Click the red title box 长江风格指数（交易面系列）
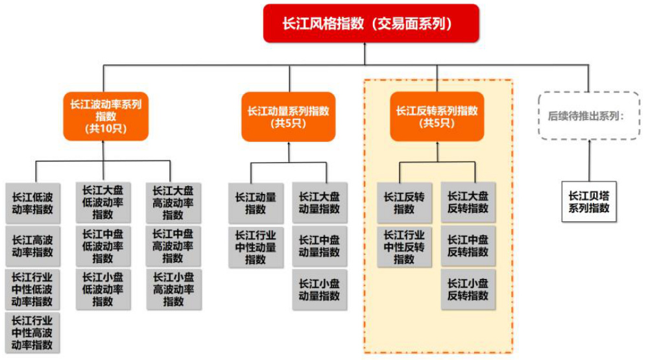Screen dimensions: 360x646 tap(372, 23)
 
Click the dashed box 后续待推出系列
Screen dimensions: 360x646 tap(590, 117)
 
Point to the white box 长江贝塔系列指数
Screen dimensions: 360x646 tap(589, 202)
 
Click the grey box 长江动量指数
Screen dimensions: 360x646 tap(256, 202)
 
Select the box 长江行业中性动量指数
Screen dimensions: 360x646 tap(256, 246)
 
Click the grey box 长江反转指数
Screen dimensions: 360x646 tap(404, 202)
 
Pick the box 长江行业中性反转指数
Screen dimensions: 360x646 tap(404, 246)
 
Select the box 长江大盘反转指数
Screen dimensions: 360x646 tap(468, 202)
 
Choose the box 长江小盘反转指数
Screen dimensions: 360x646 tap(468, 289)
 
